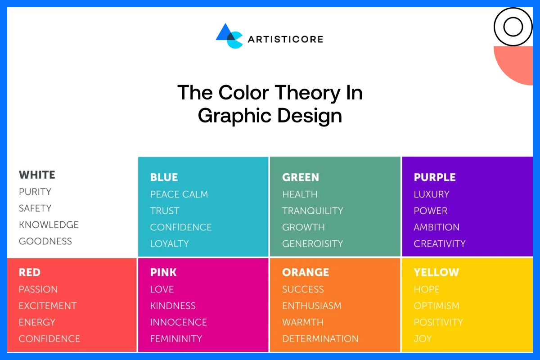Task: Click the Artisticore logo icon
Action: click(229, 36)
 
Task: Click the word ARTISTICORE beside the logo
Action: click(285, 39)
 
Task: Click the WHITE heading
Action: click(37, 175)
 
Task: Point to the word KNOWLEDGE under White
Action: click(49, 225)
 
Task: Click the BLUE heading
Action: click(164, 177)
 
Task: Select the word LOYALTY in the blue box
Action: click(169, 243)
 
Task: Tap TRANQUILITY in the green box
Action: click(312, 211)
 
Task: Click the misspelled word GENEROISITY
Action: click(312, 243)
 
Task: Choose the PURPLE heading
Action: click(435, 177)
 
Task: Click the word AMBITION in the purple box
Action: click(436, 227)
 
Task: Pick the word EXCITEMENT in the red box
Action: click(48, 306)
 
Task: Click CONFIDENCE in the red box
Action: click(49, 338)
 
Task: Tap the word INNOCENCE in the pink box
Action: click(178, 322)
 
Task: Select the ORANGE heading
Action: click(306, 272)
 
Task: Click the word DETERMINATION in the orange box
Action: click(320, 338)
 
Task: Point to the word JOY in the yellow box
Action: click(423, 338)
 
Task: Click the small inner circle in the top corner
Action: click(513, 27)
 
